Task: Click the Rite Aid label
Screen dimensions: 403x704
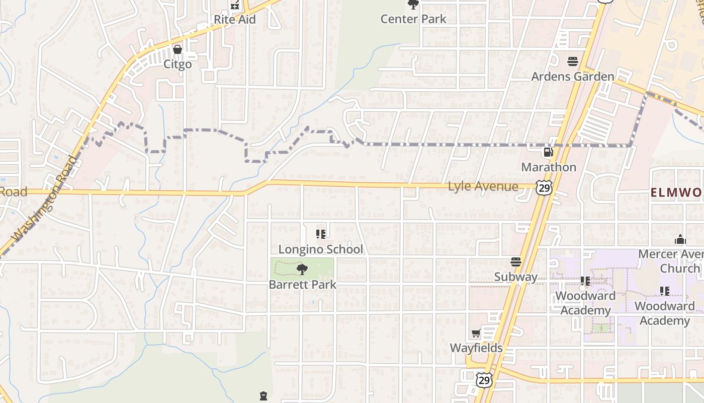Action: pos(235,20)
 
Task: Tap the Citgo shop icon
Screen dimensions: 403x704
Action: pos(177,49)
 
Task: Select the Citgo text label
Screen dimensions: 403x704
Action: pos(178,64)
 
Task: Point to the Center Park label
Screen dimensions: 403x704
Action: pos(413,19)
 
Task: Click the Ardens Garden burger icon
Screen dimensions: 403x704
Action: pos(573,61)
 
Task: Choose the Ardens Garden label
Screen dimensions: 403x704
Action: pos(573,77)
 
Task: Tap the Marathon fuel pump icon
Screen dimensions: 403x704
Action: pos(548,152)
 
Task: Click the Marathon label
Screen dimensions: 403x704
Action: pos(549,167)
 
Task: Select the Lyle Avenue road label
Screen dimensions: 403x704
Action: pos(483,186)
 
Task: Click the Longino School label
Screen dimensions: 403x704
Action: pos(321,249)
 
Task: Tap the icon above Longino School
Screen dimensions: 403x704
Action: pos(321,234)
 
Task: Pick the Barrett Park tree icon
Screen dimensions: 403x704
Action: pos(302,270)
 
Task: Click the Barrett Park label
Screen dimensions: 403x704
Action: pos(303,284)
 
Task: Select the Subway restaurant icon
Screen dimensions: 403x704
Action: pos(516,262)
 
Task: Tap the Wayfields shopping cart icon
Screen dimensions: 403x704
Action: pos(476,333)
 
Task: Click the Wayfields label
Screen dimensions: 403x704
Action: pos(476,348)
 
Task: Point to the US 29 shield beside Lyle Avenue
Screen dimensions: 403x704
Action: pos(544,188)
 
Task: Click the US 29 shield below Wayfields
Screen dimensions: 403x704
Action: pos(484,380)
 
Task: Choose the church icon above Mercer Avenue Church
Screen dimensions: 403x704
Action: pos(680,239)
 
